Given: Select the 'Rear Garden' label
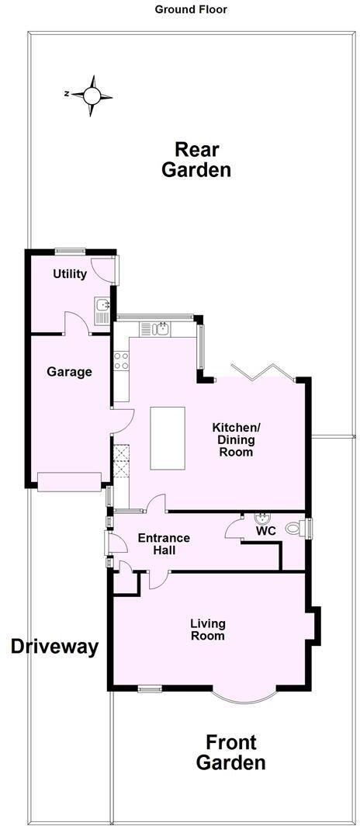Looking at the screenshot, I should pos(196,159).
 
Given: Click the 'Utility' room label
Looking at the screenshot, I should pos(70,274).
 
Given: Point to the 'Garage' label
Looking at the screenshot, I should pos(69,372).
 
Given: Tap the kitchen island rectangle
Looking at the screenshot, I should pos(167,438).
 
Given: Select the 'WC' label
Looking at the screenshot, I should pos(266,532).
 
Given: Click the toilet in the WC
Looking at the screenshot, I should pos(294,529).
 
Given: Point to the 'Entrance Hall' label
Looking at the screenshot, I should pos(163,543).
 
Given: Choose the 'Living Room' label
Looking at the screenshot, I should pos(209,629).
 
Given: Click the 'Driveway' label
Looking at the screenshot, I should pos(54,647).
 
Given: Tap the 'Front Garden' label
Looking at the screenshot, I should pos(230,752).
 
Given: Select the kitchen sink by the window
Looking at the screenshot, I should pos(163,329).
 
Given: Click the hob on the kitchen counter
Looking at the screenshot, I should pos(122,359).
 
